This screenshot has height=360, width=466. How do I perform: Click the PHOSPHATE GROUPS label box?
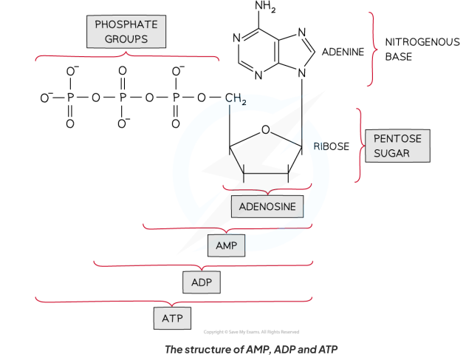coord(126,32)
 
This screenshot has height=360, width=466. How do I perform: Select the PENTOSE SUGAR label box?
coord(397,146)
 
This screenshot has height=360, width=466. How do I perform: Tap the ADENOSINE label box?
coord(267,206)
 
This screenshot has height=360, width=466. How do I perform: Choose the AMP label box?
coord(227,245)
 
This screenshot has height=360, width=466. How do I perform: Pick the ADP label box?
coord(202,282)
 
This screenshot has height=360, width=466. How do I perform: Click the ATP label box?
coord(172,319)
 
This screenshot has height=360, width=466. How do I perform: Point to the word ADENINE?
coord(343,52)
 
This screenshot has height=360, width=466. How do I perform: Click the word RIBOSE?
coord(332,146)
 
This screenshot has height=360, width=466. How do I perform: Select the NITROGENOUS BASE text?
coord(422,50)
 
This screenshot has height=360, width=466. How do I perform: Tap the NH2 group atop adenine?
coord(265,7)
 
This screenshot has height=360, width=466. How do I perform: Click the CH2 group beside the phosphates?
coord(236,98)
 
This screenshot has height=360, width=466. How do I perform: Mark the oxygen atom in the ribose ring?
coord(265,129)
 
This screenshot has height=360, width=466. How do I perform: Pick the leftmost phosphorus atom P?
coord(70,98)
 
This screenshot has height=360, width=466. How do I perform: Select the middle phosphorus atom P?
coord(123,98)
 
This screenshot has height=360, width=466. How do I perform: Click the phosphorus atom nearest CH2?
coord(176,98)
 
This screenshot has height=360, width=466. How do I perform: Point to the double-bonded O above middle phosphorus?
coord(123,71)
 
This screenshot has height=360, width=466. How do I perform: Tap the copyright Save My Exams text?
coord(251,332)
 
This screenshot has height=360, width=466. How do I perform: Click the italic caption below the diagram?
coord(251,350)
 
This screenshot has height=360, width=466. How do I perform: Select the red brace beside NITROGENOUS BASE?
coord(372,50)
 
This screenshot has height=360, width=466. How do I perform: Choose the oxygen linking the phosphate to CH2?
coord(201,98)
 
